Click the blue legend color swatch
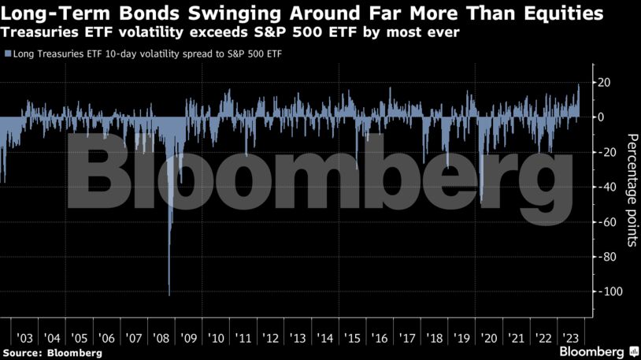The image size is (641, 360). [7, 54]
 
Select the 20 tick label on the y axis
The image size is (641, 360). [601, 82]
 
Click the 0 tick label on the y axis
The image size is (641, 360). [598, 117]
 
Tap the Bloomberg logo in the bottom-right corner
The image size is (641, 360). [597, 351]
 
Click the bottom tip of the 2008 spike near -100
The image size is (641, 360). [169, 295]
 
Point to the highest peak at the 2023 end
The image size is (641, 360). [579, 84]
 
